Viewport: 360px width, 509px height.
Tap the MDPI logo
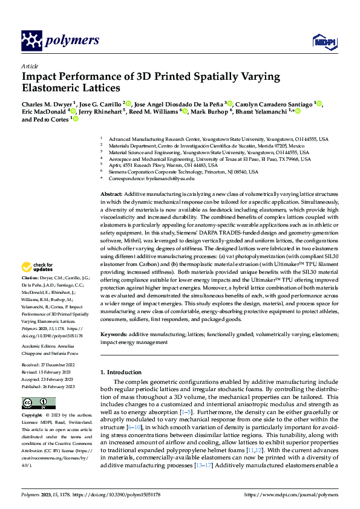coord(321,41)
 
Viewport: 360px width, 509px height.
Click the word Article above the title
coord(30,66)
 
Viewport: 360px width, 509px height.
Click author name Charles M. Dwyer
coord(47,104)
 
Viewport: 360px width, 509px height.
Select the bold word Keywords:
coord(113,334)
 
